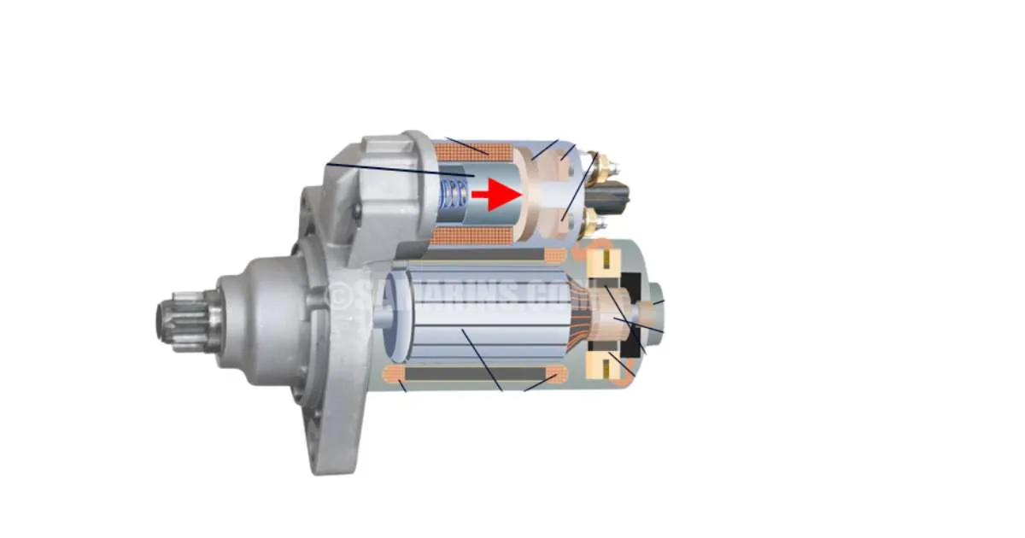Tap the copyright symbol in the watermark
(x=341, y=295)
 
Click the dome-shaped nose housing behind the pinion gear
(x=256, y=318)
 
